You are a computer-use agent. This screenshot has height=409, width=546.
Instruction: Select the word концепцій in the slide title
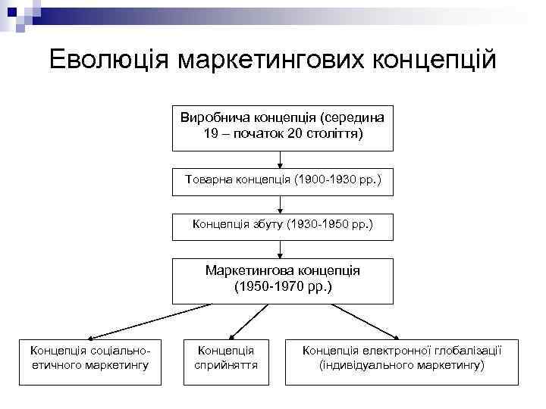point(433,60)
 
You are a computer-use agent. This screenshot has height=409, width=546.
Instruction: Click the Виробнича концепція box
point(282,126)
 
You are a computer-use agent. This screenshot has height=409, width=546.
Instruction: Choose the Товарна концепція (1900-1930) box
point(282,181)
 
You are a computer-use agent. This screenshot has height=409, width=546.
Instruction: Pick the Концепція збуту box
point(282,225)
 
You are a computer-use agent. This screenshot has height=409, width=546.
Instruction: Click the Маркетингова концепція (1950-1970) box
point(282,280)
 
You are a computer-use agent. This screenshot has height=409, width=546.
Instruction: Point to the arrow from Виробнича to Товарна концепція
point(282,160)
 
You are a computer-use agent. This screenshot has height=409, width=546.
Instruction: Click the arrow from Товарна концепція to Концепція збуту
point(282,203)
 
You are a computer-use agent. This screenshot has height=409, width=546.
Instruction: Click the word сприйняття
point(226,365)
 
